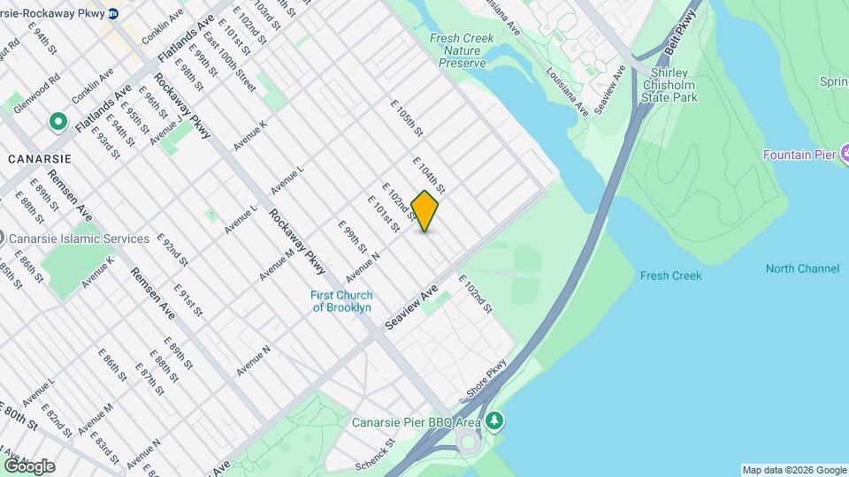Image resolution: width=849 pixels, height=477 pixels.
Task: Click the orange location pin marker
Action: pos(424,211)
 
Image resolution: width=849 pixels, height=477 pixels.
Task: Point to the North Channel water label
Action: pos(802,269)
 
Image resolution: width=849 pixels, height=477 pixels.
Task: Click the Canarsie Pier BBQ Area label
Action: pos(416,421)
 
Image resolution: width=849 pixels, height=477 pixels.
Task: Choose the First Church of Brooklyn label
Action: pos(341,301)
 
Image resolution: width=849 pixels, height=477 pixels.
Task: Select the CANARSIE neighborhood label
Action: pos(38,158)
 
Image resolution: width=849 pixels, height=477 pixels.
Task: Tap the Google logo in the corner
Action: pos(29,466)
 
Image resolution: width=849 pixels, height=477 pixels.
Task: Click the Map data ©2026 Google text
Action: pos(793,470)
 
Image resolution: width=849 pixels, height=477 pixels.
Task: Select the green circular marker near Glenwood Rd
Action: pos(58,120)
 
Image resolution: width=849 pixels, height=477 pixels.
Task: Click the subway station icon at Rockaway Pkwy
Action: pos(113,14)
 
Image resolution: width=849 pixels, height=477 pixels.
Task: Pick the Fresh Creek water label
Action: pos(670,276)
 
